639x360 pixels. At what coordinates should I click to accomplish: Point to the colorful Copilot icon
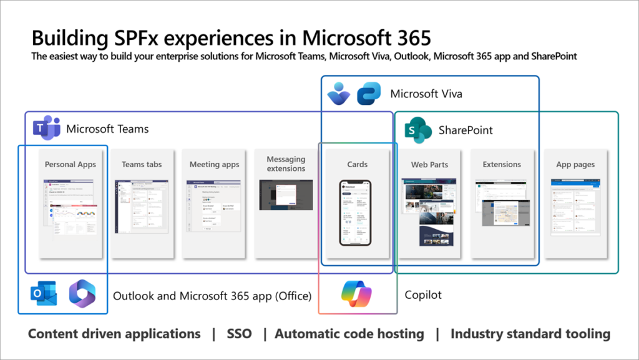coord(356,294)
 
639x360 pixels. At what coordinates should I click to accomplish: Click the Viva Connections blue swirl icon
coord(369,94)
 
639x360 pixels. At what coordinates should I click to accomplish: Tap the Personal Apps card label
coord(71,164)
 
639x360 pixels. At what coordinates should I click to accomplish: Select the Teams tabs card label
coord(142,164)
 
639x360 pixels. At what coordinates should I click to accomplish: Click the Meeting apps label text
coord(214,164)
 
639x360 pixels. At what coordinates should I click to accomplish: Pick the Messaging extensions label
coord(286,164)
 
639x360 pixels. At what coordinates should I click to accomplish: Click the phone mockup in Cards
coord(355,212)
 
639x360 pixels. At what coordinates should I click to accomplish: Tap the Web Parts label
coord(429,165)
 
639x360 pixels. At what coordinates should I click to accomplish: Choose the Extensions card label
coord(502,164)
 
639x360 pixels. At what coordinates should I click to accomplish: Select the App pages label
coord(575,165)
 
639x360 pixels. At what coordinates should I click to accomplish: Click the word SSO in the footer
coord(240,334)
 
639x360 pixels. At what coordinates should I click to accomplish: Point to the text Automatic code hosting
coord(349,334)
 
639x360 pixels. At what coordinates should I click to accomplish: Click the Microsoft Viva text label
coord(426,94)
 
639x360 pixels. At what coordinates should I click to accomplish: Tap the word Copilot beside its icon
coord(423,294)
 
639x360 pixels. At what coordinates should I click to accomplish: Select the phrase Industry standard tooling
coord(530,334)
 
